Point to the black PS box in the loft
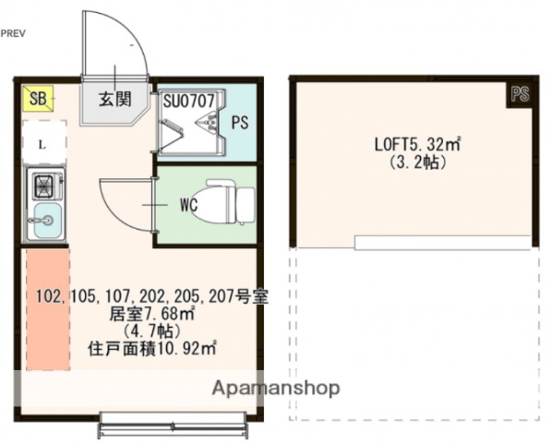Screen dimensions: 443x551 [520, 93]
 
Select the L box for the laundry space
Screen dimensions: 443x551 [42, 144]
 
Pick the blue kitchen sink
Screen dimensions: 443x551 [43, 220]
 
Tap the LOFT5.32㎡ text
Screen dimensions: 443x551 [417, 144]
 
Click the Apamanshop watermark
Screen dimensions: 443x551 [275, 388]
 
